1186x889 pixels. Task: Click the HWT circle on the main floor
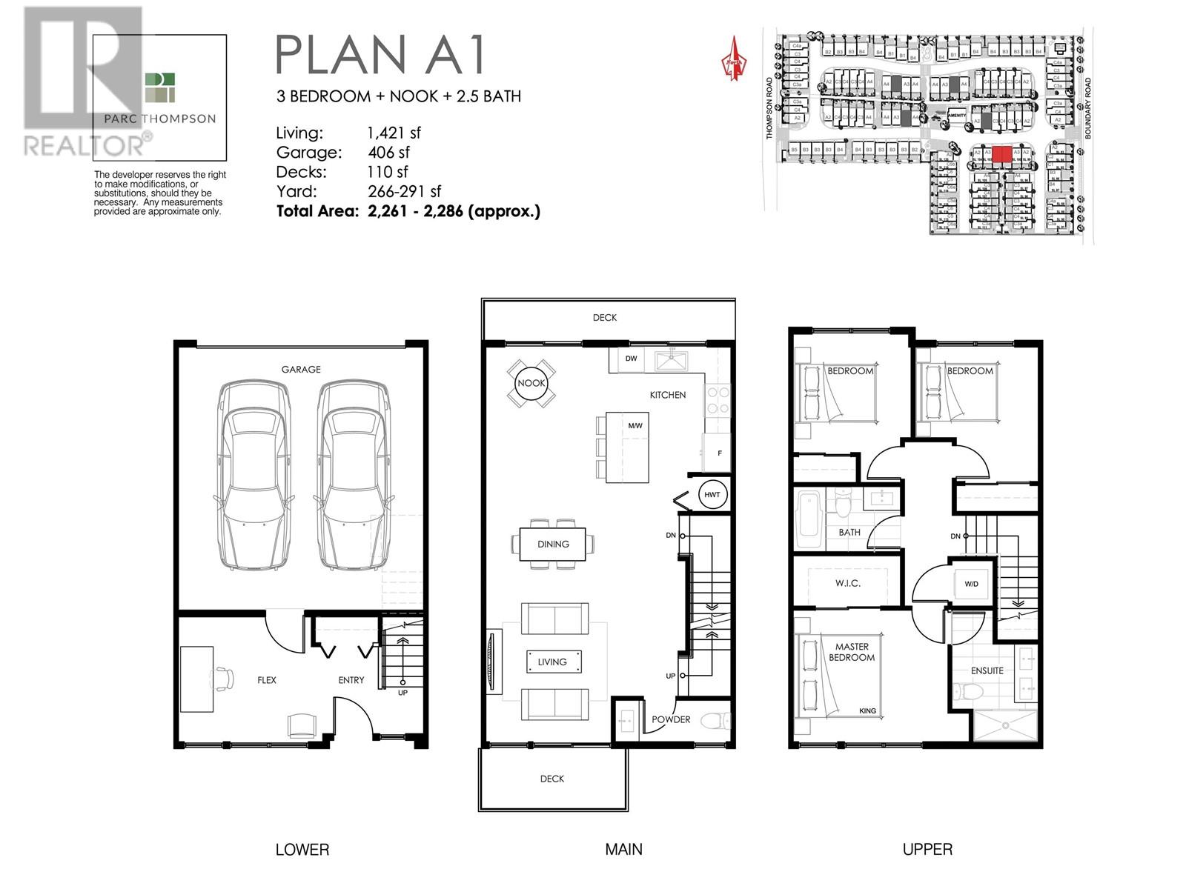pyautogui.click(x=712, y=494)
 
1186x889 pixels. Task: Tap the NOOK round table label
pyautogui.click(x=531, y=383)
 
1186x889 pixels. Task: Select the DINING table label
pyautogui.click(x=553, y=544)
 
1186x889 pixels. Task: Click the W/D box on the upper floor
pyautogui.click(x=971, y=584)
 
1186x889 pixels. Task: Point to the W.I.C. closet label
pyautogui.click(x=847, y=583)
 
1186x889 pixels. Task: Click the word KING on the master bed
pyautogui.click(x=867, y=710)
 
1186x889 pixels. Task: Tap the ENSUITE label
pyautogui.click(x=987, y=670)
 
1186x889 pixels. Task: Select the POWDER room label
pyautogui.click(x=671, y=719)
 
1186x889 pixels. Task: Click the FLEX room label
pyautogui.click(x=267, y=679)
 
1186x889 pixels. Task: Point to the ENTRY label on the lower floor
pyautogui.click(x=351, y=679)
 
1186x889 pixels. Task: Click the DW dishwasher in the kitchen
pyautogui.click(x=631, y=359)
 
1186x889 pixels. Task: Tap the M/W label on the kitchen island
pyautogui.click(x=635, y=426)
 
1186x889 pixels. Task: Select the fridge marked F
pyautogui.click(x=718, y=453)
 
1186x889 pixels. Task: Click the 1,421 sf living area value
pyautogui.click(x=394, y=133)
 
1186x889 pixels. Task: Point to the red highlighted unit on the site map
pyautogui.click(x=1001, y=154)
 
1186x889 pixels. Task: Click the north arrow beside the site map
pyautogui.click(x=733, y=59)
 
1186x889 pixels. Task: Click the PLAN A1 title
pyautogui.click(x=380, y=54)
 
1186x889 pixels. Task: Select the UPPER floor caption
pyautogui.click(x=927, y=850)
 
